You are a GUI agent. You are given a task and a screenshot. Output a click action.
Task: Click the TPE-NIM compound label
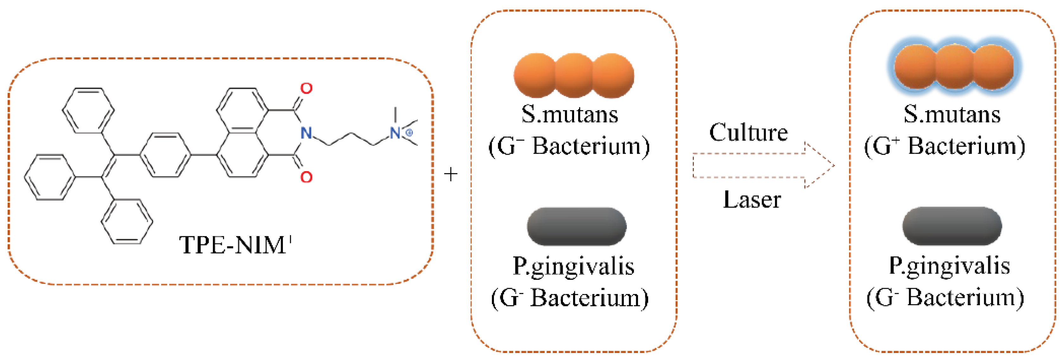click(235, 245)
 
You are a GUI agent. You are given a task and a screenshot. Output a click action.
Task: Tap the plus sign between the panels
click(451, 174)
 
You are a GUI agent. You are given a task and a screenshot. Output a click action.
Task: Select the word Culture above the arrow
click(748, 133)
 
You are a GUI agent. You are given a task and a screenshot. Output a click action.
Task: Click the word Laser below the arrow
click(752, 200)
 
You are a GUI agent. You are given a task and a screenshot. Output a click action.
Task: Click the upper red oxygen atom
click(306, 88)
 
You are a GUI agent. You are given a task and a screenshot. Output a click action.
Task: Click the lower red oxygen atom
click(306, 177)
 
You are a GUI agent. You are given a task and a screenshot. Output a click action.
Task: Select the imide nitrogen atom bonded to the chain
click(306, 133)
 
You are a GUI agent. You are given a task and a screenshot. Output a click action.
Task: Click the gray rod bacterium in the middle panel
click(576, 226)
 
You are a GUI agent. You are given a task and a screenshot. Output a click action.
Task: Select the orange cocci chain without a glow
click(574, 76)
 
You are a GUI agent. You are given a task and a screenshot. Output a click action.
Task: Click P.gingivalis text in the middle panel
click(573, 267)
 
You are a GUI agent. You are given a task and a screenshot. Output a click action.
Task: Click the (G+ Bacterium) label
click(945, 146)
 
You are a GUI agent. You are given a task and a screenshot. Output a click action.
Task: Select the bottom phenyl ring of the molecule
click(127, 222)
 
